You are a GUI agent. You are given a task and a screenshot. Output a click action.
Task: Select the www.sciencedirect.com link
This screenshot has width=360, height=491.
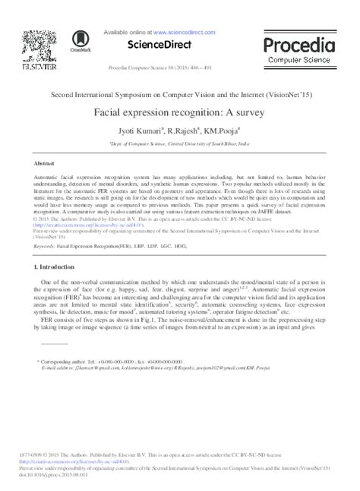pyautogui.click(x=187, y=33)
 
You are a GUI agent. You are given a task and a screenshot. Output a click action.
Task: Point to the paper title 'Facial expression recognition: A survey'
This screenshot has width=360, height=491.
pyautogui.click(x=179, y=111)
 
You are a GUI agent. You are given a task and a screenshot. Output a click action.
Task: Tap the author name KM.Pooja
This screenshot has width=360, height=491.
pyautogui.click(x=222, y=131)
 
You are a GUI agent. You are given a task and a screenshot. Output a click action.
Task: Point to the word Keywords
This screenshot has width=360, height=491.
pyautogui.click(x=43, y=247)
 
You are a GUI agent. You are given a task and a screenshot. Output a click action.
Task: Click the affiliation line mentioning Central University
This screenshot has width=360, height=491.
pyautogui.click(x=179, y=142)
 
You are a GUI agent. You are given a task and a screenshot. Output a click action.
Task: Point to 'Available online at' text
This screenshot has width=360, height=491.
pyautogui.click(x=128, y=33)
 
